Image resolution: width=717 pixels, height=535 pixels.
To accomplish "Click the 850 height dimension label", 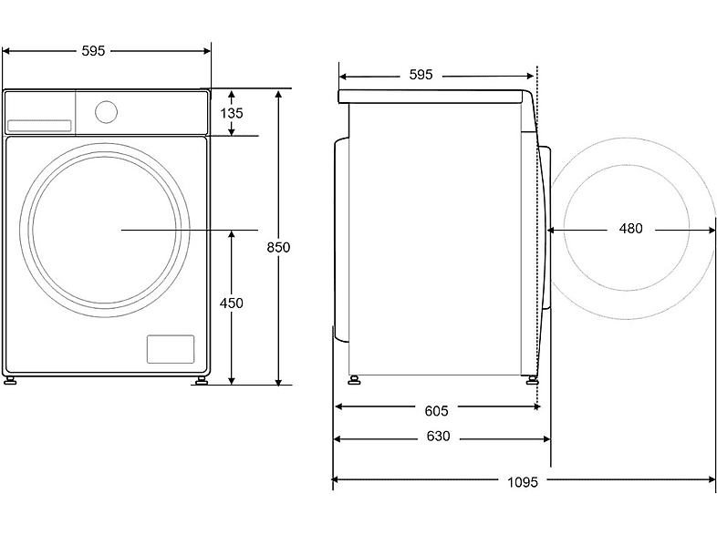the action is [278, 247].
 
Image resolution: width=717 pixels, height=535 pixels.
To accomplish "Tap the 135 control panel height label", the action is [232, 113].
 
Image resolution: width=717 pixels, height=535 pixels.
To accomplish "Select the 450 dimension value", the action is [232, 303].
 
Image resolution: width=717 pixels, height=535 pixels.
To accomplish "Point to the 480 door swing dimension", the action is [630, 229].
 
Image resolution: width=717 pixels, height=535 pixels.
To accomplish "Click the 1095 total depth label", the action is [523, 482].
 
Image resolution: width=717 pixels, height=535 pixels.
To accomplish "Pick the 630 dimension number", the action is [438, 437].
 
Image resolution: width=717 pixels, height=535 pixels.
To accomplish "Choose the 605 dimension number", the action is [436, 411].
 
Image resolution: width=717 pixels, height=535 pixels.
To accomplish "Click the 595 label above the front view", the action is [93, 51].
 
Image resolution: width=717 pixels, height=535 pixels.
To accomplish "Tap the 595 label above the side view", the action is [421, 75].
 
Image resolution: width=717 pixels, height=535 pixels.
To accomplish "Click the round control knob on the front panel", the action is [106, 112].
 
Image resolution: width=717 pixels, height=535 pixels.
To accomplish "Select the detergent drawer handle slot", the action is [39, 126].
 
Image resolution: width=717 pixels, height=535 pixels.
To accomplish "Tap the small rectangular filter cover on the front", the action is [171, 349].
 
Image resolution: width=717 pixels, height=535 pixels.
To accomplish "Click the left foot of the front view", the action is [10, 380].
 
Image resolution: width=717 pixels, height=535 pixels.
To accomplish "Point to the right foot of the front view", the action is [202, 380].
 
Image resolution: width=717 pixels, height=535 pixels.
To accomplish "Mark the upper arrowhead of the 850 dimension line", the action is [278, 94].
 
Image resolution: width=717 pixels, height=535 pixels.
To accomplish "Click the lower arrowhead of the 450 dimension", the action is [232, 380].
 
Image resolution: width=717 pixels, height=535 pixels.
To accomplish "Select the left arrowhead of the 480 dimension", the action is [552, 231].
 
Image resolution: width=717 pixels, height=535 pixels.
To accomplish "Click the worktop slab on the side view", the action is [431, 97].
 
